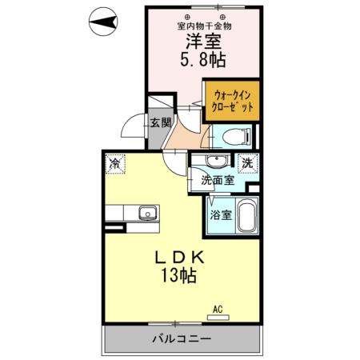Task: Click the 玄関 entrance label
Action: click(x=159, y=123)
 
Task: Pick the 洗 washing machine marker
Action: click(x=247, y=162)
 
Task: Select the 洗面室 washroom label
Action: click(x=218, y=181)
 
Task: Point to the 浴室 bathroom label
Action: click(x=221, y=214)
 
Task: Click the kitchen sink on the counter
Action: click(x=146, y=214)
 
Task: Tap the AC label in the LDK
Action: click(x=217, y=309)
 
